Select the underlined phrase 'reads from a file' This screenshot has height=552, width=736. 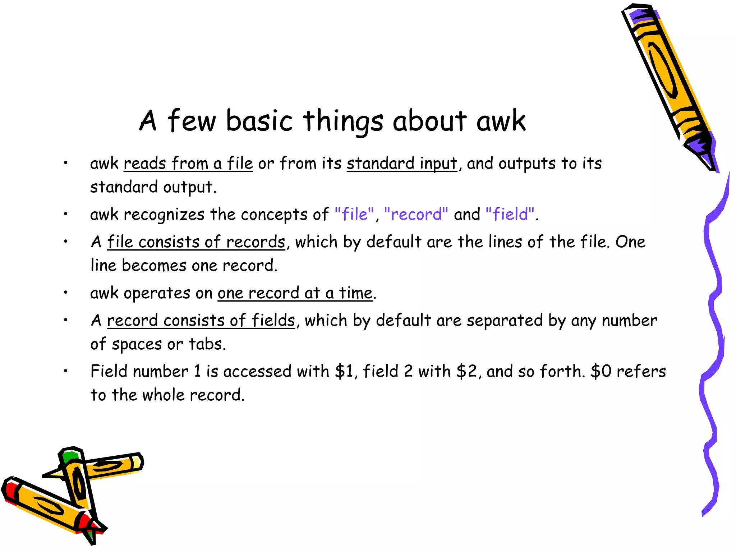tap(188, 164)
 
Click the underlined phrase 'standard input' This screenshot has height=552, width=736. tap(402, 164)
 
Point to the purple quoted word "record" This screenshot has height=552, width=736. tap(416, 215)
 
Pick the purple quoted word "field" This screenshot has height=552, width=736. tap(510, 215)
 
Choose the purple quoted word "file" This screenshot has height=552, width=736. tap(354, 215)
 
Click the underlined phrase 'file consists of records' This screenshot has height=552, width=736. tap(196, 242)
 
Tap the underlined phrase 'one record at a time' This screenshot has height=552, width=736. tap(295, 293)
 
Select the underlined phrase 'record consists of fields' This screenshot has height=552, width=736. tap(201, 321)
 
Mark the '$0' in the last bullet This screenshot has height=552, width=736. tap(601, 372)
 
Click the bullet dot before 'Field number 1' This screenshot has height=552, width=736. tap(66, 371)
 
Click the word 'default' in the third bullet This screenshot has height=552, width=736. tap(394, 242)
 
